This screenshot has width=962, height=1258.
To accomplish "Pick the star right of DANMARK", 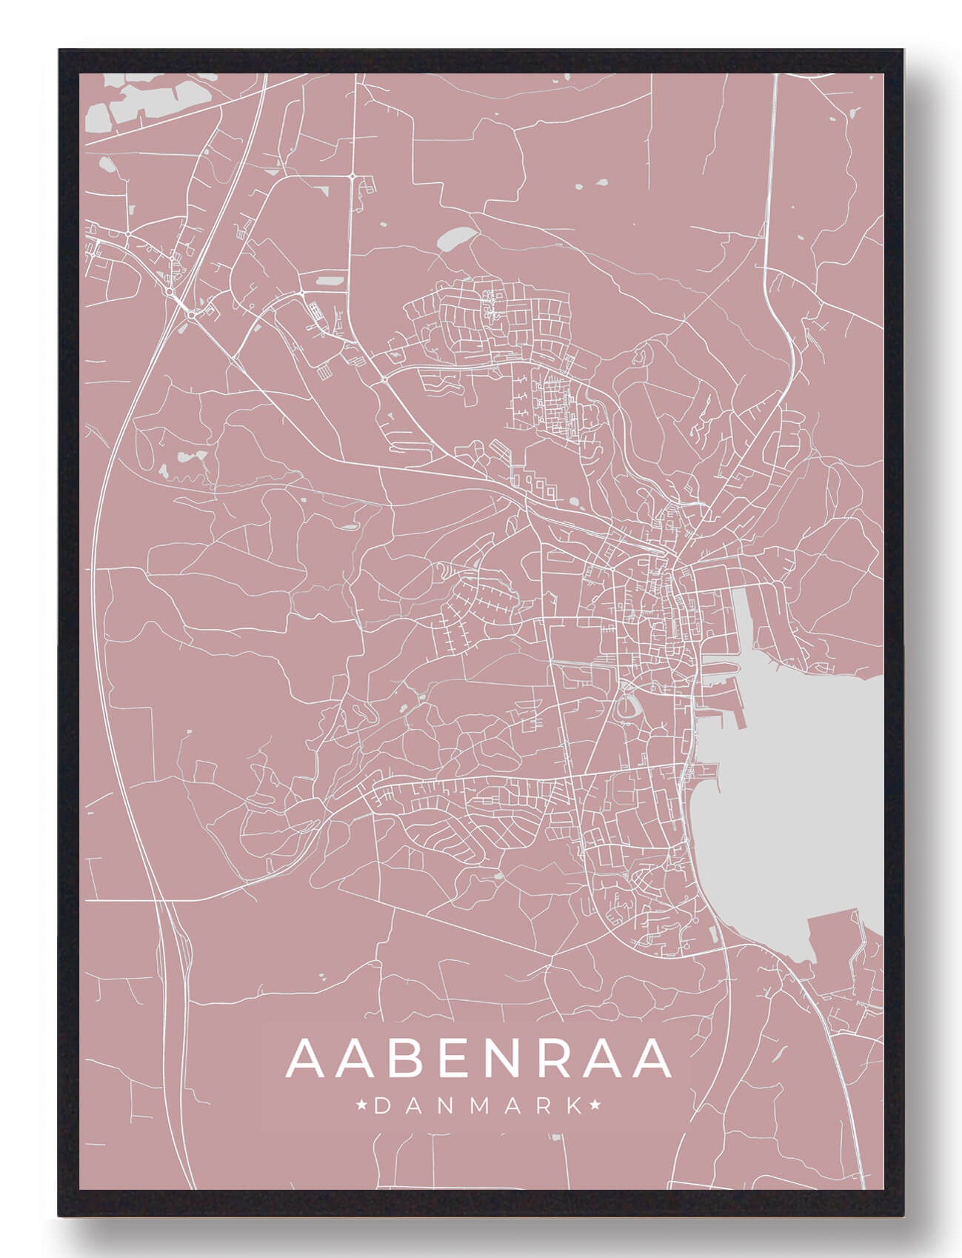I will click(595, 1105).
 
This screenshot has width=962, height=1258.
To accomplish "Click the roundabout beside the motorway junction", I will click(192, 315).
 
